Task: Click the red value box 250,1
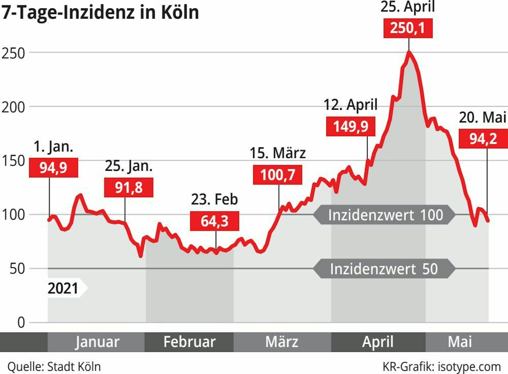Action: (x=408, y=28)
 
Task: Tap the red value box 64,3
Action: (x=215, y=221)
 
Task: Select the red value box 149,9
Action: (x=351, y=126)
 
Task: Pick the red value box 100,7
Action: (x=277, y=175)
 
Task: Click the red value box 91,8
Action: (x=129, y=187)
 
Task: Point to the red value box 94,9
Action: (x=53, y=167)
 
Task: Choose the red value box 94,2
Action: (x=483, y=139)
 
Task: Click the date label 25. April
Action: (x=407, y=7)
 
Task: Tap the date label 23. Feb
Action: (x=214, y=199)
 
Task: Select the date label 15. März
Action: (x=278, y=153)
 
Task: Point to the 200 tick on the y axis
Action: (x=13, y=107)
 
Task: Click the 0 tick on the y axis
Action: (x=21, y=322)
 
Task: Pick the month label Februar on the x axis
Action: (x=189, y=342)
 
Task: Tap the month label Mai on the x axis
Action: (x=460, y=342)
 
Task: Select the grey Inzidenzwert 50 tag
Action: (x=384, y=269)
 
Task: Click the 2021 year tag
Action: (x=63, y=288)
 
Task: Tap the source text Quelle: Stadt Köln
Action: (x=54, y=367)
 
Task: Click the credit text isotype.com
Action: (x=469, y=367)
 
